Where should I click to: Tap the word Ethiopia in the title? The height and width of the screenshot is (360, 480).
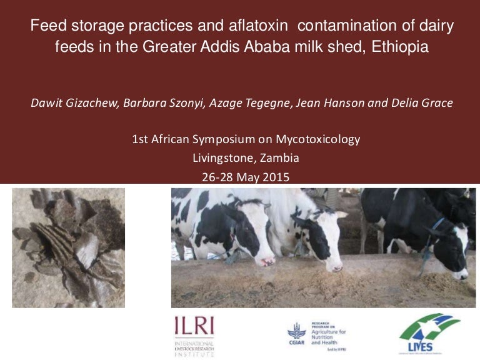tap(399, 47)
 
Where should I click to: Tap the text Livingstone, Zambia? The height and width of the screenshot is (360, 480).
tap(246, 158)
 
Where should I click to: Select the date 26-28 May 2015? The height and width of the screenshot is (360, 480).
tap(246, 177)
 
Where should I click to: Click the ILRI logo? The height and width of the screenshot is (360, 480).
tap(194, 334)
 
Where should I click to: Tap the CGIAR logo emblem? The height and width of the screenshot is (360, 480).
tap(296, 333)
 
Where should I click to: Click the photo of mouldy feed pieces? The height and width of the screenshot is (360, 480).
tap(69, 247)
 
